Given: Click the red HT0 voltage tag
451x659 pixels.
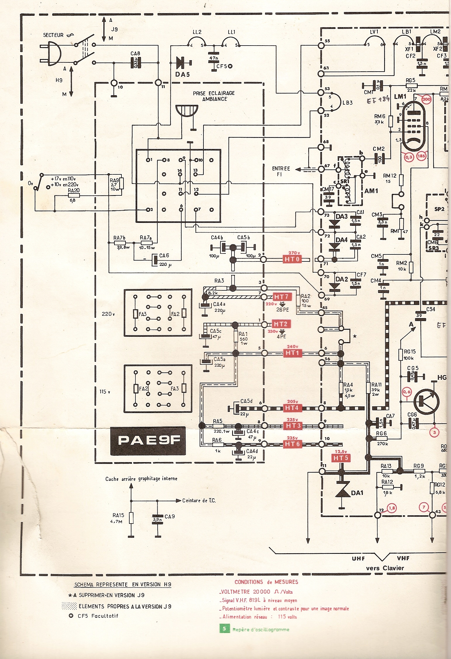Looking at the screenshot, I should [x=292, y=259].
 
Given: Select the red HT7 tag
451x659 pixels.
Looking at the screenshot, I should [x=281, y=297].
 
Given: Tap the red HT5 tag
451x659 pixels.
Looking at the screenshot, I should [x=341, y=458].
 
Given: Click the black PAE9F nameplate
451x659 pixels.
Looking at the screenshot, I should [x=148, y=441].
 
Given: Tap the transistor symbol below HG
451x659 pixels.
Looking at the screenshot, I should [x=426, y=402].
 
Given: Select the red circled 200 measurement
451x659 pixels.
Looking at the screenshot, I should [x=426, y=100].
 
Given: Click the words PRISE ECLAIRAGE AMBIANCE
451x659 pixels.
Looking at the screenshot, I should [x=214, y=96].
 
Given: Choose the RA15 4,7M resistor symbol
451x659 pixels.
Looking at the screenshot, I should [x=131, y=518].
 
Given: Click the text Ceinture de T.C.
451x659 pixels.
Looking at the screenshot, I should [x=199, y=501].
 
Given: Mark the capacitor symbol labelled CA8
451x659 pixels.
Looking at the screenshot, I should [x=136, y=63].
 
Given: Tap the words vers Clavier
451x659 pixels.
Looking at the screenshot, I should [x=385, y=568].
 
